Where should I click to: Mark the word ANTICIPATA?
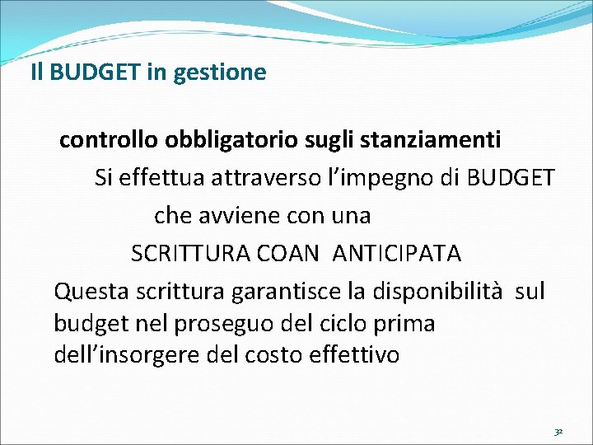(397, 254)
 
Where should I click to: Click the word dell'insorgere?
(121, 355)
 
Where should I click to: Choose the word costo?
(275, 355)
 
